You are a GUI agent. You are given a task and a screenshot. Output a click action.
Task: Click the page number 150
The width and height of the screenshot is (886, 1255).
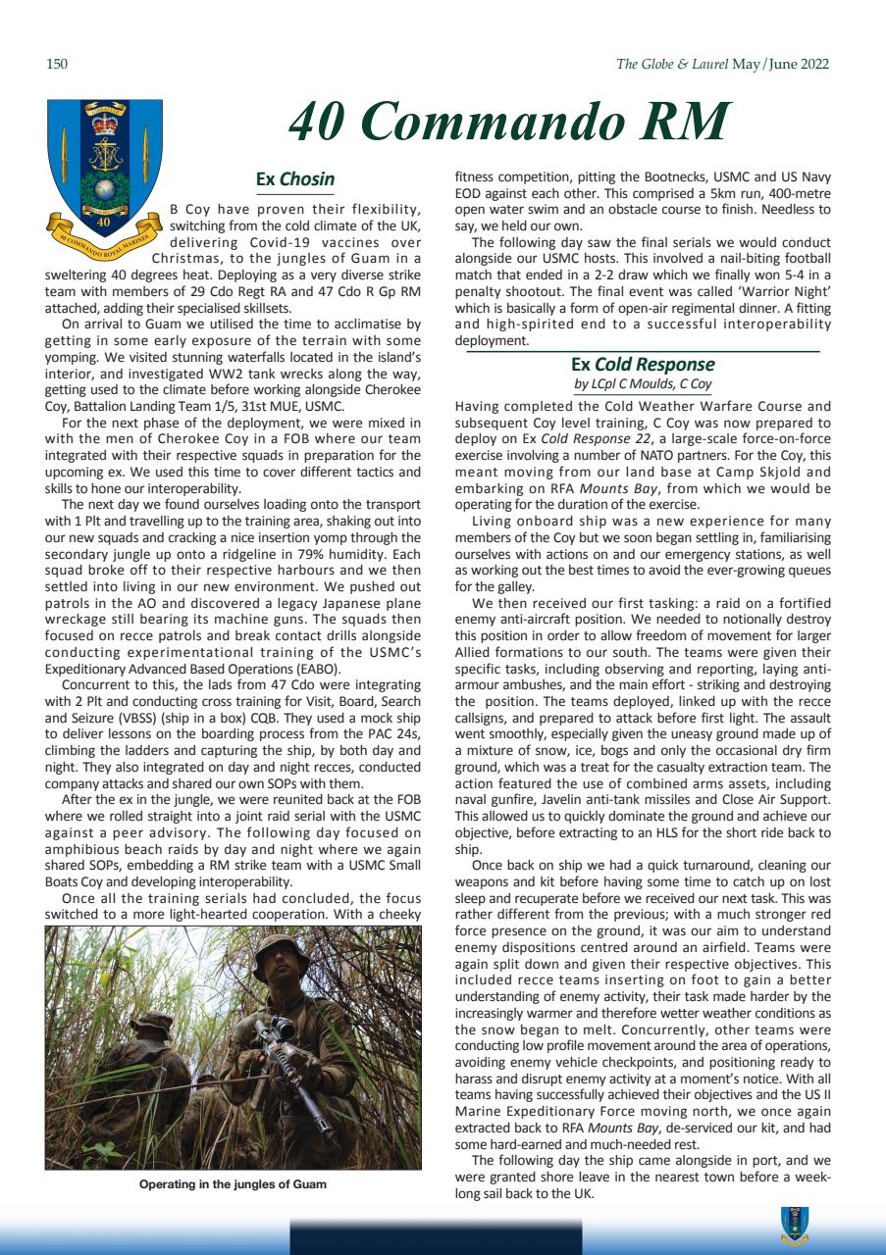tap(56, 65)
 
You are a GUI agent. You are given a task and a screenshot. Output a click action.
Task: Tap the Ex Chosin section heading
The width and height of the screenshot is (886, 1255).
tap(294, 179)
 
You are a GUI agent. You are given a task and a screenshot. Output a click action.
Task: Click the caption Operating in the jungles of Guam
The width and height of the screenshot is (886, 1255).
tap(233, 1184)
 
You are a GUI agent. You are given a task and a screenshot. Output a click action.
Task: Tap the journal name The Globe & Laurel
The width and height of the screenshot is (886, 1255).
tap(672, 65)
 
